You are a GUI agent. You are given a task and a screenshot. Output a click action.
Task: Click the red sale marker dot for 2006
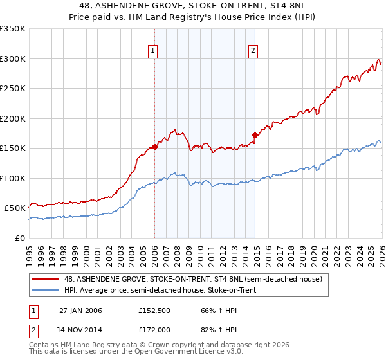[x=155, y=147]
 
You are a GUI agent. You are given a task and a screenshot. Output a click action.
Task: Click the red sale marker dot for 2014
[x=255, y=135]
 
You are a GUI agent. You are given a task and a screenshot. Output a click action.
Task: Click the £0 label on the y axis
[x=19, y=238]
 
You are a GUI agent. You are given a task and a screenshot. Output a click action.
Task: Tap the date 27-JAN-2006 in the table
[x=80, y=310]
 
